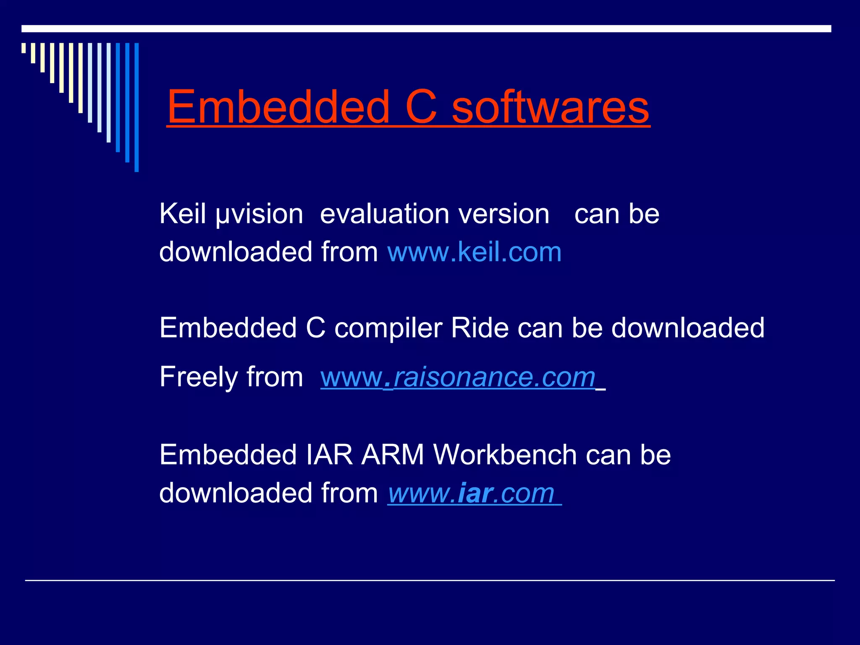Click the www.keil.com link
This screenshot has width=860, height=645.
[474, 252]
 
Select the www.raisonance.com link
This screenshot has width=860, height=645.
[458, 377]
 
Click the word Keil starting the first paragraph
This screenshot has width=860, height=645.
[182, 214]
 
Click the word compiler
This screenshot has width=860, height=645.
[388, 328]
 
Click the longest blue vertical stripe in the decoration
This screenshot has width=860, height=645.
[136, 107]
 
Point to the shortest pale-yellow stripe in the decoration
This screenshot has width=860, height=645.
[24, 47]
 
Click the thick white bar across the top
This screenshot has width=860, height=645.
[426, 29]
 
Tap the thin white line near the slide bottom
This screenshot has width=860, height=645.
[430, 580]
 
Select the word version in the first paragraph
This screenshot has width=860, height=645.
[503, 214]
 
